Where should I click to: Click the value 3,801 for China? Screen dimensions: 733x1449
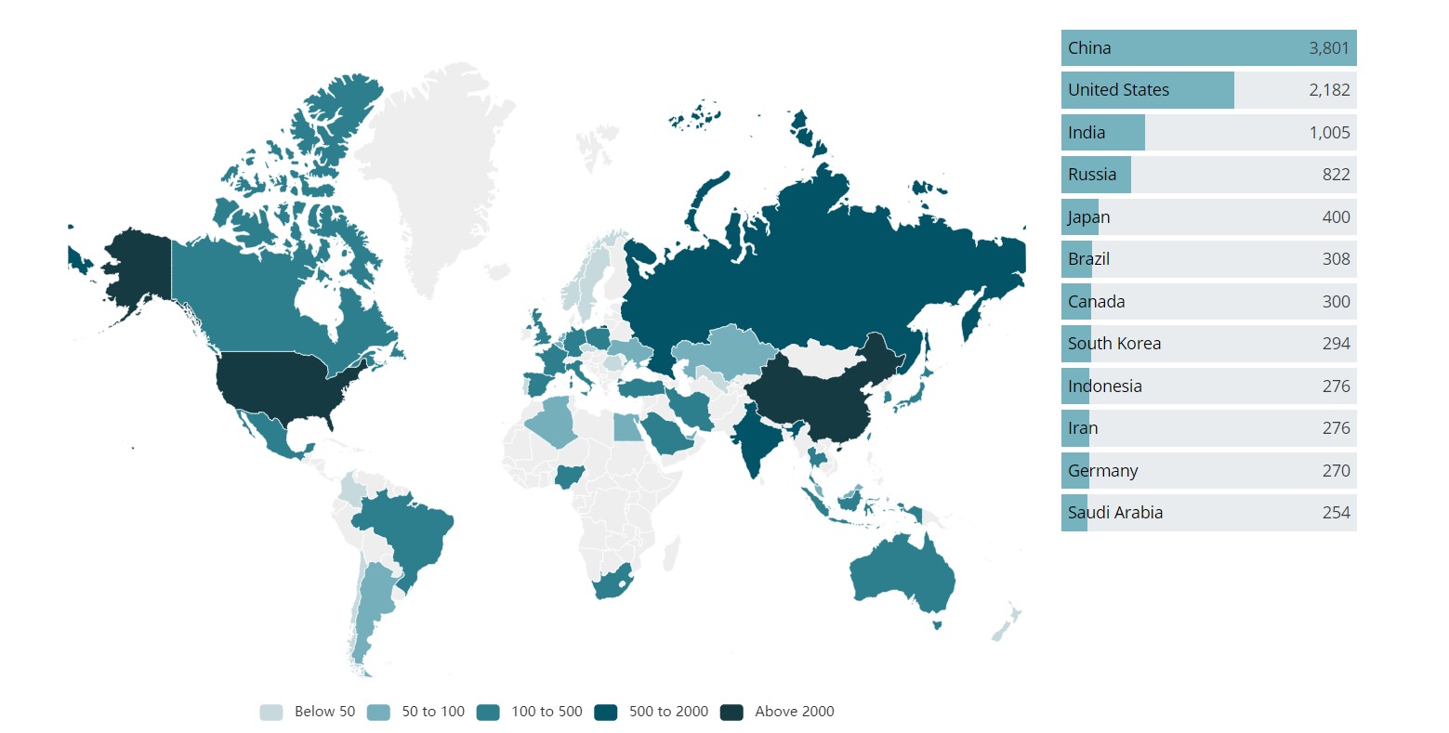(1328, 48)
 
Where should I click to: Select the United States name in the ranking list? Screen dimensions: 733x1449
(1118, 90)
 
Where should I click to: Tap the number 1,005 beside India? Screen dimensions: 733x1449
(1329, 133)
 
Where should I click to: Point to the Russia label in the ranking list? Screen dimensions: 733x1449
(1092, 175)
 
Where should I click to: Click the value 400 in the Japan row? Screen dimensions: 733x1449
(1336, 217)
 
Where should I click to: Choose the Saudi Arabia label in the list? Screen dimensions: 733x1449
(1114, 513)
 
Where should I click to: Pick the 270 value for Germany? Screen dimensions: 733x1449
(1336, 471)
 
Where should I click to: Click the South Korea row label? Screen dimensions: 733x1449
(1113, 344)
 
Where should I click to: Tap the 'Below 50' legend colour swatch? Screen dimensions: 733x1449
(270, 713)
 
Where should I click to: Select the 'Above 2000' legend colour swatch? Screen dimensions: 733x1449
(731, 713)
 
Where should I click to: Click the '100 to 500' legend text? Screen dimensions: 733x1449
(547, 712)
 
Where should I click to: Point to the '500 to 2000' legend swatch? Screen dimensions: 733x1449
(606, 713)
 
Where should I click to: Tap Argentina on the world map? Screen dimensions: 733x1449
(372, 604)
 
